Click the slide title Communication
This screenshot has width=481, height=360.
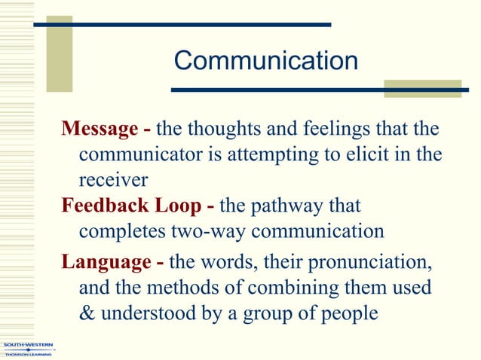265,61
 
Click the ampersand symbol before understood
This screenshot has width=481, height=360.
87,313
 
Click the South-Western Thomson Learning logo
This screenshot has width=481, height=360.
28,349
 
